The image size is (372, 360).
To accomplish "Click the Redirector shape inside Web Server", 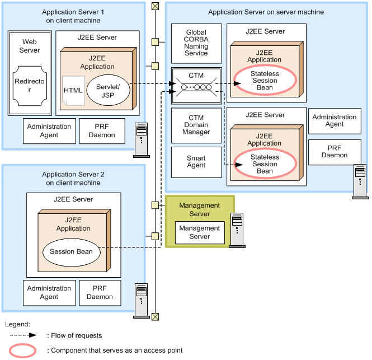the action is point(30,86).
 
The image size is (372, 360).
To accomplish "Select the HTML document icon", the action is point(73,91).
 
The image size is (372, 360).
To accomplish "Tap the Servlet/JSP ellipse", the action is point(108,90).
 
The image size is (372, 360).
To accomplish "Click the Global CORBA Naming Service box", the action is point(196,43).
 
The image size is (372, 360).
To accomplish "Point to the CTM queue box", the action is point(196,86).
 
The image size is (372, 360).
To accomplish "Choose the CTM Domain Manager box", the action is point(196,125).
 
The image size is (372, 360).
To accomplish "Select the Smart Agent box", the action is point(196,162).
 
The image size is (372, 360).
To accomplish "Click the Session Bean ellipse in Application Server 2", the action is point(72,252).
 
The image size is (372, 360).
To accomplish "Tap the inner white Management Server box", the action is point(200,232).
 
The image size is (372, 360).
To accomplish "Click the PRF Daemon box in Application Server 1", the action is point(102,131).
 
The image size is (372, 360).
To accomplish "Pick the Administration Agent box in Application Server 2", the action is point(49,293).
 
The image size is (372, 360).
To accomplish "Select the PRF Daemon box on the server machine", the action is point(335,152).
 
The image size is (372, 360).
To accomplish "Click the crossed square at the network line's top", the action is point(155,6).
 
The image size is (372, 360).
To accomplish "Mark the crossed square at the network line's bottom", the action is point(155,316).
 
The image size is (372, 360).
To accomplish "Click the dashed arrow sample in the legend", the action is point(23,335).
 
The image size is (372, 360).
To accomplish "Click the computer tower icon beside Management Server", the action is point(237,230).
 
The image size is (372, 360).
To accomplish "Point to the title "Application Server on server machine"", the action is point(266,12).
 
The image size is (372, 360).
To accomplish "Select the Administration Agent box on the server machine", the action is point(335,121).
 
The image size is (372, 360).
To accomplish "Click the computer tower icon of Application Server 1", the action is point(142,140).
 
